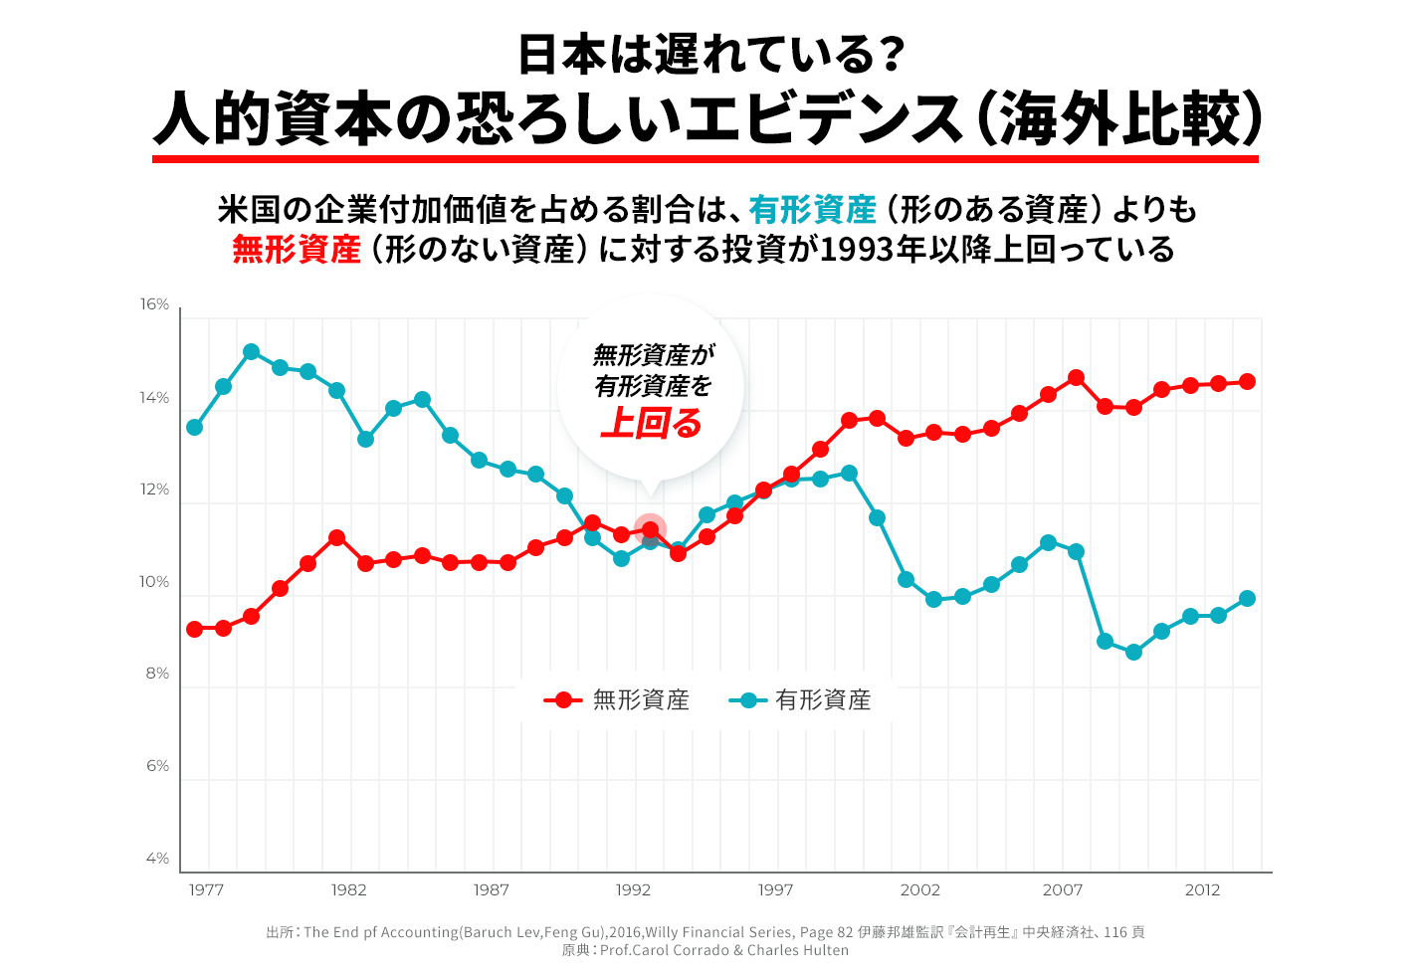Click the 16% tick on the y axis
(x=154, y=304)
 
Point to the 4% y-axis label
(x=157, y=859)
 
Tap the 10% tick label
(x=154, y=582)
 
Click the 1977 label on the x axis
(x=206, y=890)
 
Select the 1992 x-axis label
(x=633, y=890)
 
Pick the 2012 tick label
(x=1202, y=890)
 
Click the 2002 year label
(x=919, y=890)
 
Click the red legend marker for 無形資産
(x=563, y=700)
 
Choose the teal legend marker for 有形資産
(x=748, y=700)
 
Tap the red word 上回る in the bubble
(x=652, y=424)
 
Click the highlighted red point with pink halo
(x=650, y=529)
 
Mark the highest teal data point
(x=252, y=352)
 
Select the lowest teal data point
(x=1133, y=653)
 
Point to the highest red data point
(x=1076, y=378)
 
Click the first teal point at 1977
(x=195, y=428)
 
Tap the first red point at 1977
(x=195, y=629)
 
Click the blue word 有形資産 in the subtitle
(x=812, y=210)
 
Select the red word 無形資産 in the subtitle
(x=297, y=249)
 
